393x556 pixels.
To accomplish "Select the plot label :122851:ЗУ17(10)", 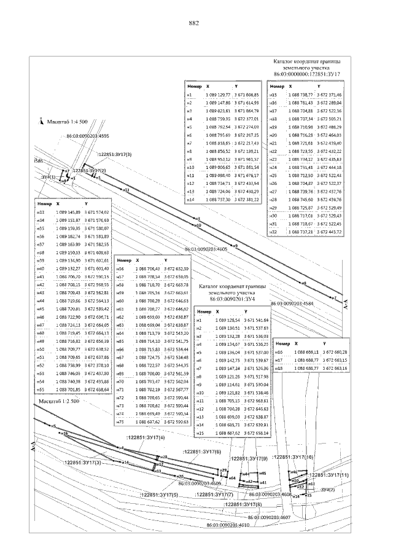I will tap(294, 458).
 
